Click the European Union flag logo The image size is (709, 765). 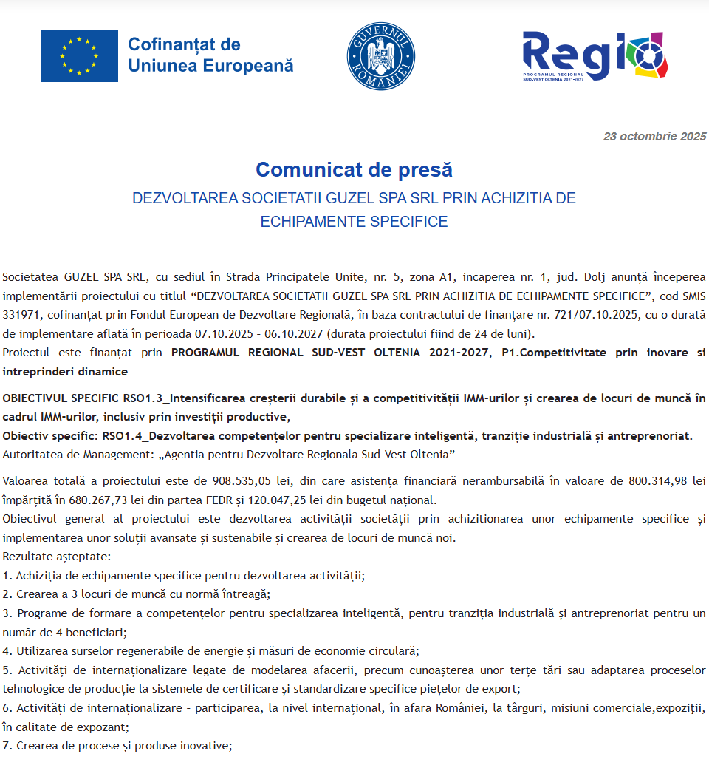[79, 56]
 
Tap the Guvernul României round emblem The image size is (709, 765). [381, 56]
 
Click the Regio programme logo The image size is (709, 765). [595, 56]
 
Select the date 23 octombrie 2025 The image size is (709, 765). [654, 137]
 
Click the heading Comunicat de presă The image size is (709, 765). [354, 170]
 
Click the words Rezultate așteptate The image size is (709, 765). [56, 556]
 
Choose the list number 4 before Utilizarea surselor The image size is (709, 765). [7, 651]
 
